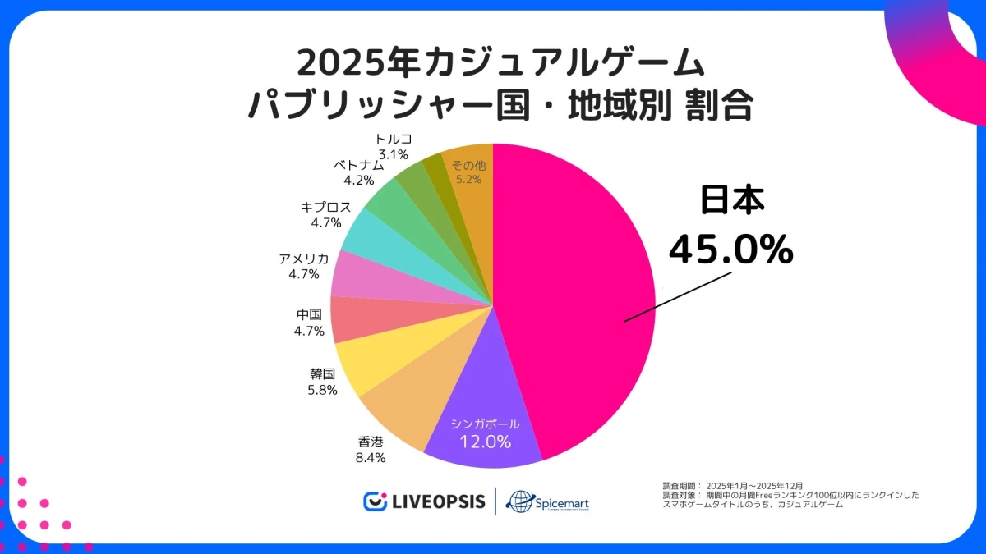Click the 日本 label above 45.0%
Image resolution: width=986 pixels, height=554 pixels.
pos(732,203)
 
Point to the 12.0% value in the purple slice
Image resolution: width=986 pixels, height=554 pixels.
pos(485,442)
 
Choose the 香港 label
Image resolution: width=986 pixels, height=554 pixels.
pos(370,442)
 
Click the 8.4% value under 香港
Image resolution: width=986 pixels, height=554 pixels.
pos(370,457)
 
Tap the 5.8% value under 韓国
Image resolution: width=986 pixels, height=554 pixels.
pos(322,390)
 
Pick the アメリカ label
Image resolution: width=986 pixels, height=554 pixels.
pos(303,259)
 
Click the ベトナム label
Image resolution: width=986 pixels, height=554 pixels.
pos(358,165)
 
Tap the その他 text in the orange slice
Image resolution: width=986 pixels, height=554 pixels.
pos(469,165)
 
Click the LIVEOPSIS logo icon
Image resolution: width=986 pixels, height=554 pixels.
pos(376,501)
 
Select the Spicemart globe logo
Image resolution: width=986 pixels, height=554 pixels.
pos(522,501)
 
